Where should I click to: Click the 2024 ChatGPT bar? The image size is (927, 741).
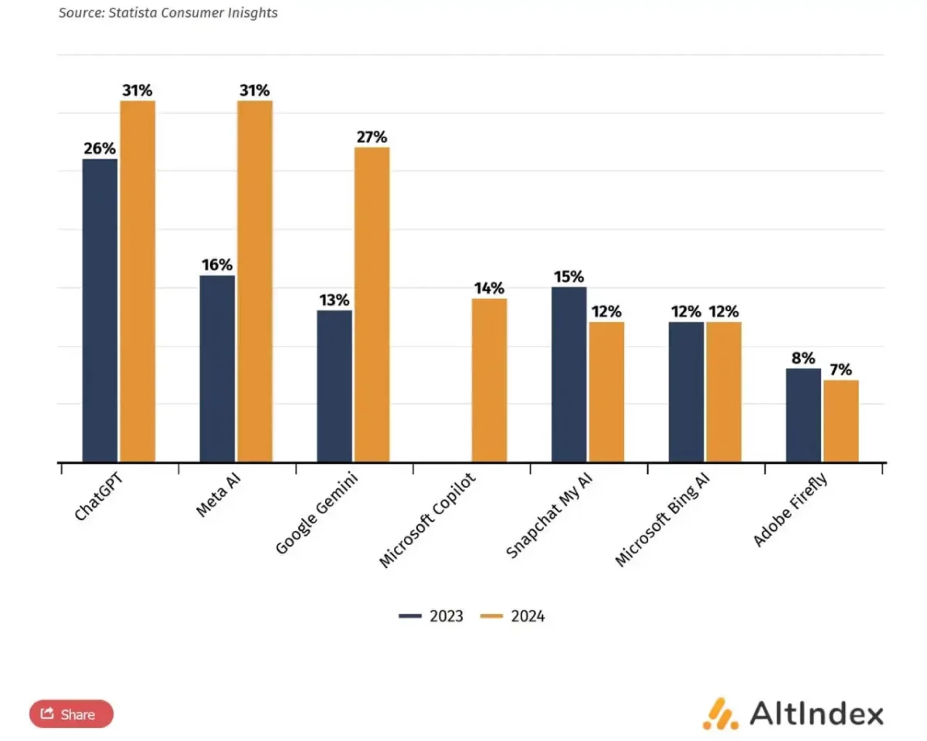click(138, 282)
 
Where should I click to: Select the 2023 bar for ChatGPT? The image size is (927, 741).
click(100, 310)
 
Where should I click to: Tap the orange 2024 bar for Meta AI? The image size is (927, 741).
click(255, 282)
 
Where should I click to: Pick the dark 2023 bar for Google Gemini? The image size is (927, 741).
click(334, 386)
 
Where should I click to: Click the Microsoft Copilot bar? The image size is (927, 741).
click(489, 380)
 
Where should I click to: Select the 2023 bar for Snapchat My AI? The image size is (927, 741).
click(569, 374)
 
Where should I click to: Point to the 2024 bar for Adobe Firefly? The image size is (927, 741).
click(840, 421)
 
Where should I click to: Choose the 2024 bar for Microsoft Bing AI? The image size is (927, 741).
click(723, 392)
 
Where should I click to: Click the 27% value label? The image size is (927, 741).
click(372, 137)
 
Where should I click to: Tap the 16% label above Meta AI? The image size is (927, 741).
click(217, 265)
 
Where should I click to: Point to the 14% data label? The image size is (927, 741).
click(489, 288)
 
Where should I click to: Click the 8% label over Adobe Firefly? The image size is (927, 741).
click(803, 358)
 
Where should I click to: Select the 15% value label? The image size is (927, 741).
click(569, 276)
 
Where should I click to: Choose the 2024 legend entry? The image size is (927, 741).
click(513, 616)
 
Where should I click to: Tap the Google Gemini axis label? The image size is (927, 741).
click(312, 516)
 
